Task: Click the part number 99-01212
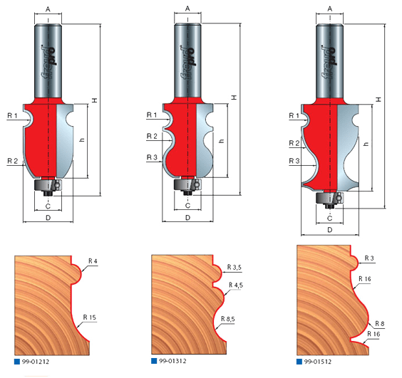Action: (x=36, y=362)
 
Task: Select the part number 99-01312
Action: (x=172, y=361)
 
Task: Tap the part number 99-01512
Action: (x=318, y=362)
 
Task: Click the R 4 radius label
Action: (x=93, y=261)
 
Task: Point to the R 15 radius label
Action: (x=90, y=317)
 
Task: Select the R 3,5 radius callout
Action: (x=234, y=268)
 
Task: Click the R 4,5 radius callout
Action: (x=236, y=285)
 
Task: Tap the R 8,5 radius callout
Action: (x=227, y=319)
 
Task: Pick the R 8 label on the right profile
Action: (x=380, y=324)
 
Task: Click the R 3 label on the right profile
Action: (x=369, y=258)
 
